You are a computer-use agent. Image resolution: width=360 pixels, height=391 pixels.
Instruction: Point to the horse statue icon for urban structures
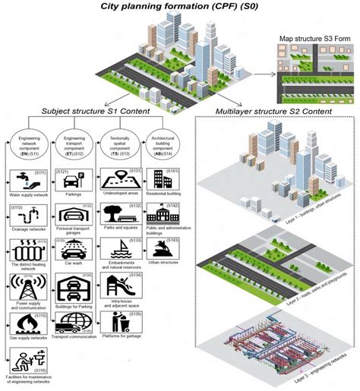pos(163,250)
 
